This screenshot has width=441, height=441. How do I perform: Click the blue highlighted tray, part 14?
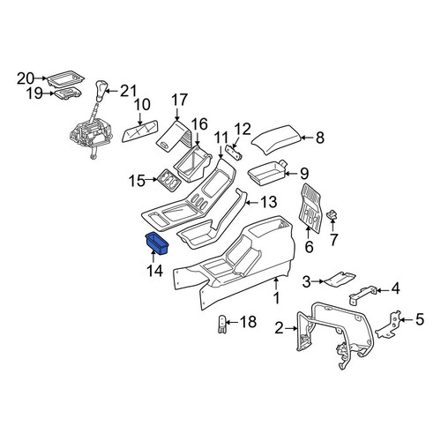[157, 243]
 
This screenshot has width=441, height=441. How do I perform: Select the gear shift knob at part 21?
[100, 90]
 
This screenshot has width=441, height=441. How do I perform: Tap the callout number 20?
[26, 78]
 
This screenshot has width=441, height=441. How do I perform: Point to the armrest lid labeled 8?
[277, 139]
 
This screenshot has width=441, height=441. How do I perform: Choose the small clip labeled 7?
[333, 213]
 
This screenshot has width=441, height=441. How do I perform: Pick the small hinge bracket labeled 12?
[235, 153]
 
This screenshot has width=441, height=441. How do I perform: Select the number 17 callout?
[179, 100]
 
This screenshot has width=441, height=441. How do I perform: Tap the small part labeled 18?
[222, 324]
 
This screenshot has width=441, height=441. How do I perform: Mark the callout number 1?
[276, 298]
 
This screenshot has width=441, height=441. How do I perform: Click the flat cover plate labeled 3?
[340, 279]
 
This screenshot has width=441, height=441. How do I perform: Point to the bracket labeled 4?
[363, 295]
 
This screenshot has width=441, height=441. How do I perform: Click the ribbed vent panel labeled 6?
[310, 206]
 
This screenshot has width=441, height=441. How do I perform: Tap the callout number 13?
[268, 202]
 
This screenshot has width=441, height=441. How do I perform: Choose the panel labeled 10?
[139, 131]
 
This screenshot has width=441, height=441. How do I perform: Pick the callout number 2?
[279, 328]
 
